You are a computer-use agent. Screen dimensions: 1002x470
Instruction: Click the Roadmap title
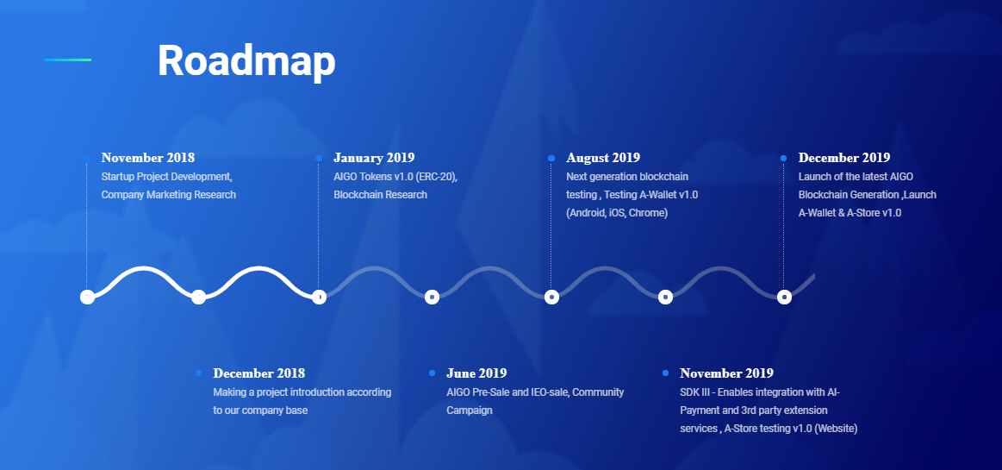point(246,60)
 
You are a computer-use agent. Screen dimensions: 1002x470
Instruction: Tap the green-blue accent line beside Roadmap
point(68,60)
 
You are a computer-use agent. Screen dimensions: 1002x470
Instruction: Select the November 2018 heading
point(147,157)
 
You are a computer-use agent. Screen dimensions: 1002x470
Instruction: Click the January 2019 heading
point(374,157)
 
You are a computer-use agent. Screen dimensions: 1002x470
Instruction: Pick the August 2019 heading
point(602,157)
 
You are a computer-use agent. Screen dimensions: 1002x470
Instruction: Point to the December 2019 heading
point(844,157)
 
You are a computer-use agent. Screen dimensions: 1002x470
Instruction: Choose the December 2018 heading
point(258,373)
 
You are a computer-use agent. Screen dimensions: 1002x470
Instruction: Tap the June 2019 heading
point(476,373)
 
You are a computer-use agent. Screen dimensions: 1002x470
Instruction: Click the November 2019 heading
point(726,373)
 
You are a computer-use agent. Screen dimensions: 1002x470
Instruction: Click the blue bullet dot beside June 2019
point(432,373)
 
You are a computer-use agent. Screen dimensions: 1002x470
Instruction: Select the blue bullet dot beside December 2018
point(199,373)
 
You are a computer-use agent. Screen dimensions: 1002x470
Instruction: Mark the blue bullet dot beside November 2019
point(666,373)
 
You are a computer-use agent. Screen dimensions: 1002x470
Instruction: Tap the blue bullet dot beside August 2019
point(551,158)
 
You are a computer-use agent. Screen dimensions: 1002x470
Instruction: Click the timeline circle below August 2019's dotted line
point(551,297)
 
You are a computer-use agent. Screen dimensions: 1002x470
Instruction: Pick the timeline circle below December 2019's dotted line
point(784,297)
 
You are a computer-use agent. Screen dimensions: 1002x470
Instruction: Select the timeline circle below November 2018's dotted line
point(88,297)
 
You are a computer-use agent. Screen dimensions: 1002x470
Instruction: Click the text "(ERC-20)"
point(437,177)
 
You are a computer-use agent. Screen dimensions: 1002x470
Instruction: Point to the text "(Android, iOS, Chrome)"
point(617,213)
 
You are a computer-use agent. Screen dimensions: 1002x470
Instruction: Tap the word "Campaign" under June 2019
point(469,410)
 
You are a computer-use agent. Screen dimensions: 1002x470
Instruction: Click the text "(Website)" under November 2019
point(836,429)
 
